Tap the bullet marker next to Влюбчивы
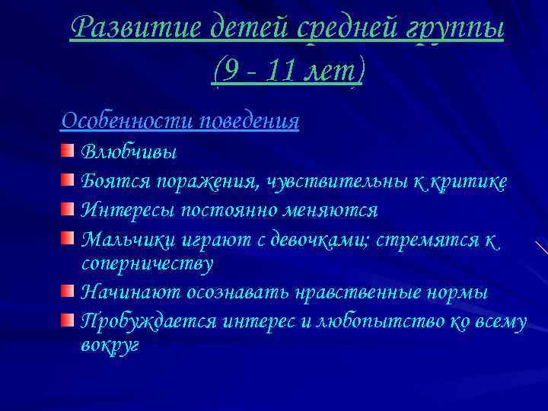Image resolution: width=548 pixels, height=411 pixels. coord(68,151)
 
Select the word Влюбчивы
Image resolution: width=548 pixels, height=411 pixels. coord(129,152)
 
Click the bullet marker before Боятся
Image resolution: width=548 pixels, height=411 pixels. coord(68,180)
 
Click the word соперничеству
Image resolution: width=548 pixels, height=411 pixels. coord(147,264)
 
